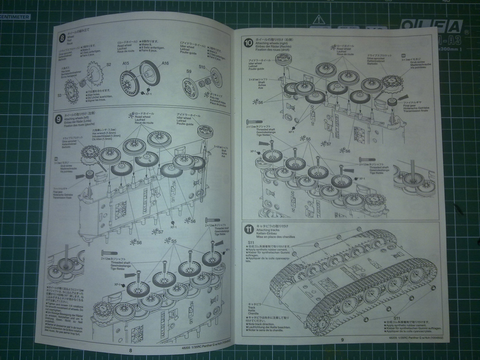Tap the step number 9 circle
pyautogui.click(x=59, y=119)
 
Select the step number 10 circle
pyautogui.click(x=248, y=43)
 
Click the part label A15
pyautogui.click(x=126, y=63)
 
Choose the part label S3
pyautogui.click(x=60, y=95)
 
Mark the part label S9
pyautogui.click(x=189, y=71)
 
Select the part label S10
pyautogui.click(x=202, y=67)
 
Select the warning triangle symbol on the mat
pyautogui.click(x=319, y=20)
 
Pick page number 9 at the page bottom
pyautogui.click(x=342, y=340)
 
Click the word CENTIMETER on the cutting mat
pyautogui.click(x=15, y=17)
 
